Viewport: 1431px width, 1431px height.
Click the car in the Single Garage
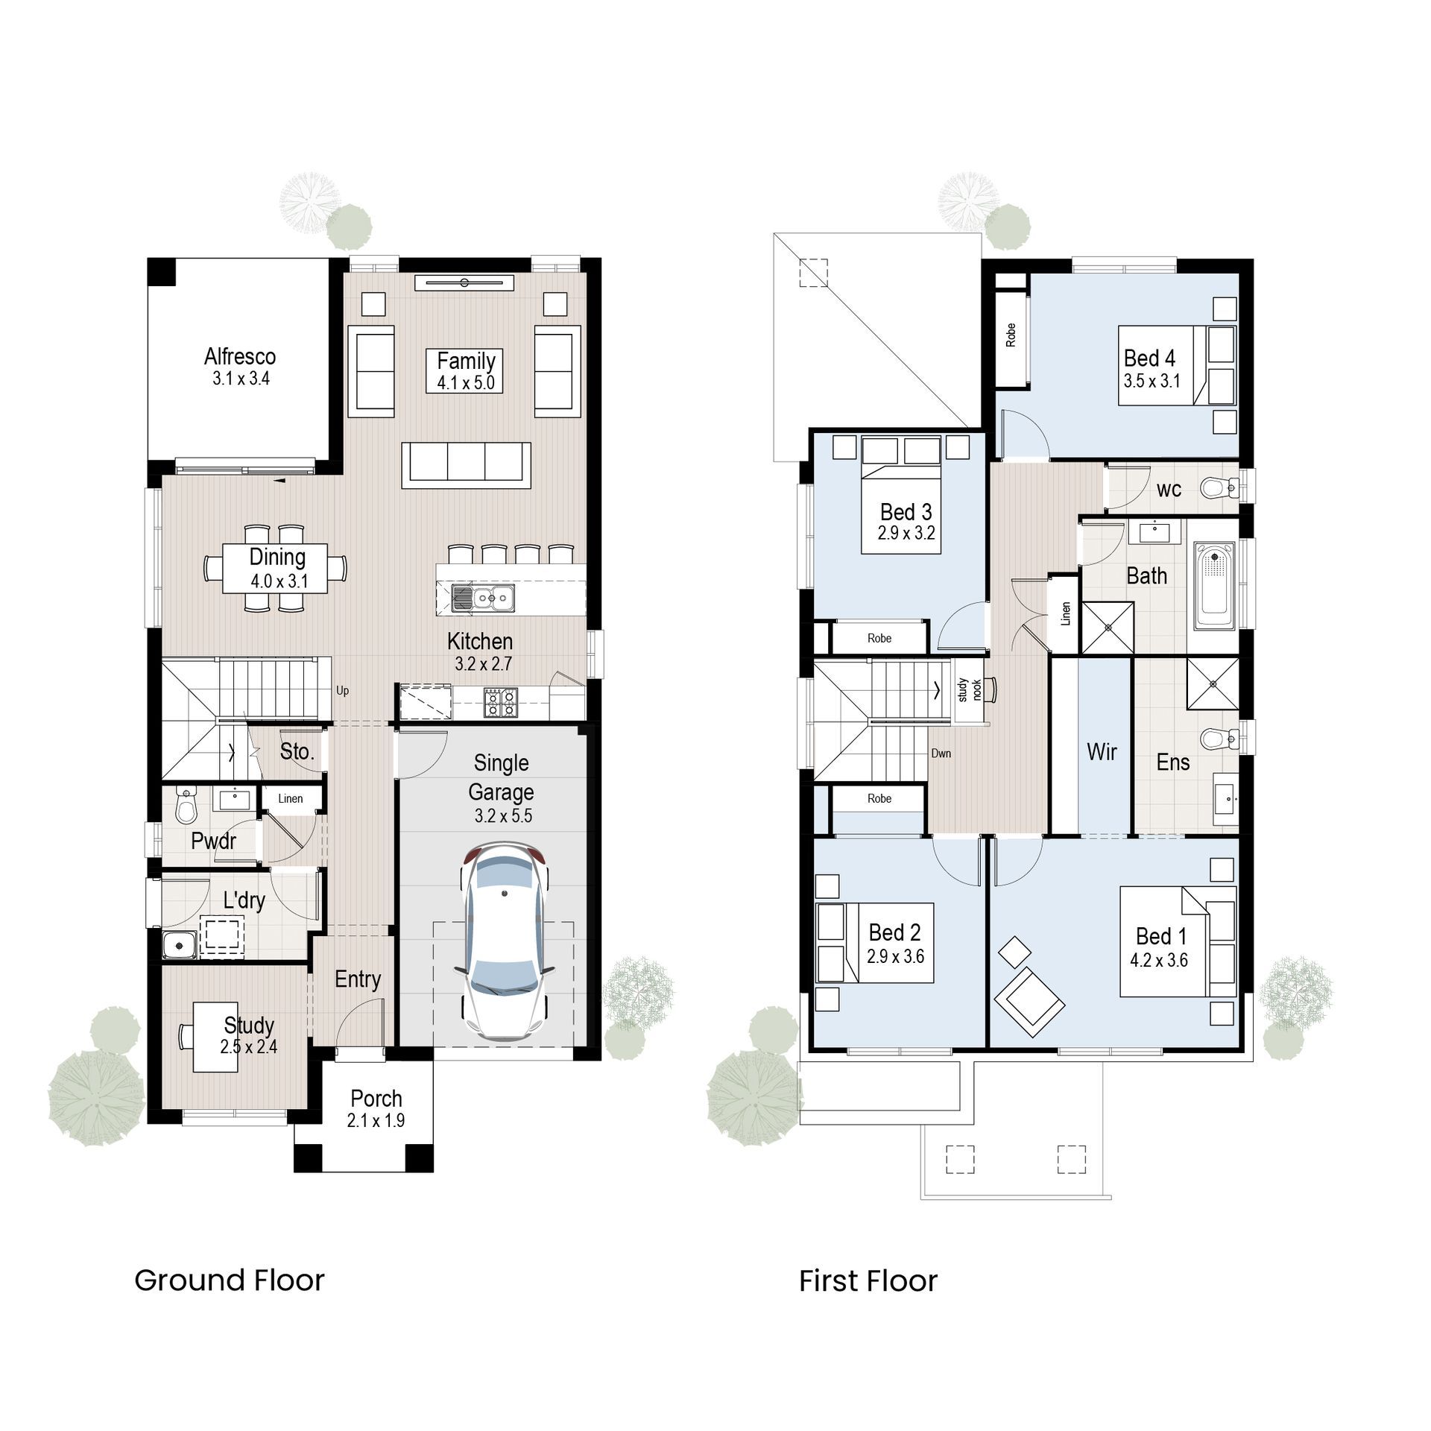[505, 942]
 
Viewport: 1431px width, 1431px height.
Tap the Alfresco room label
[240, 357]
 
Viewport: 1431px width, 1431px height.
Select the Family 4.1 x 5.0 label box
[466, 371]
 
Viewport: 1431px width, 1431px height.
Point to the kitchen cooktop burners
[500, 701]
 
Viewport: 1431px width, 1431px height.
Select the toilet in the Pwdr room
[183, 805]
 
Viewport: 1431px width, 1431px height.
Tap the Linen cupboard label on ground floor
[291, 799]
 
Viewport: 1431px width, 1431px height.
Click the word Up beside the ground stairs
[342, 691]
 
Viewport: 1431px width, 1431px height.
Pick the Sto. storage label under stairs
[297, 752]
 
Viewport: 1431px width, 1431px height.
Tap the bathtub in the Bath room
[1213, 587]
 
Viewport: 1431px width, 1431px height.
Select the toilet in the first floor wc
[1217, 488]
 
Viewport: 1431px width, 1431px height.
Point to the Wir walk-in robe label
[1102, 752]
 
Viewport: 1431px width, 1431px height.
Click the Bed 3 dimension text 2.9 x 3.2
[906, 534]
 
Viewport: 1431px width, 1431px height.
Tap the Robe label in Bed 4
[1011, 335]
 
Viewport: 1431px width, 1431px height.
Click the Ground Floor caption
[230, 1280]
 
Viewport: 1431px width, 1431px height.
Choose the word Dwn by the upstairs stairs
[941, 754]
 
